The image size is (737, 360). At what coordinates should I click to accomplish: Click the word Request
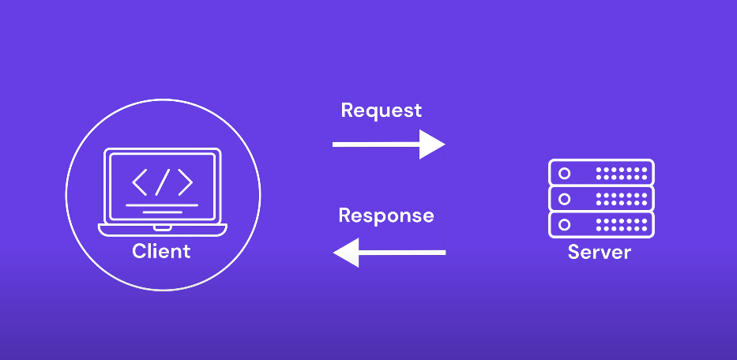pyautogui.click(x=381, y=111)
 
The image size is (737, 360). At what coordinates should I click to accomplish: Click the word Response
pyautogui.click(x=385, y=216)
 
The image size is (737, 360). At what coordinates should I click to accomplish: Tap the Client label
pyautogui.click(x=161, y=251)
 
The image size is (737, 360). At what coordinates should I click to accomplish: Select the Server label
pyautogui.click(x=600, y=253)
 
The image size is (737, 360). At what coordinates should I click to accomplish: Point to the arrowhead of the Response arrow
pyautogui.click(x=347, y=253)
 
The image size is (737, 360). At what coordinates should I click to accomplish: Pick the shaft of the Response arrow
pyautogui.click(x=403, y=253)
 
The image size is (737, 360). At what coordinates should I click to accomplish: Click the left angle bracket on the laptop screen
pyautogui.click(x=139, y=182)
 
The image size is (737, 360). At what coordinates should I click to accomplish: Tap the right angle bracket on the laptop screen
pyautogui.click(x=185, y=182)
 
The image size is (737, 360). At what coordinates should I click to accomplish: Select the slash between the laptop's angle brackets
pyautogui.click(x=162, y=182)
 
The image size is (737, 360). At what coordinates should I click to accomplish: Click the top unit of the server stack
pyautogui.click(x=601, y=172)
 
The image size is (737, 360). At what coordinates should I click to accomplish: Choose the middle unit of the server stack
pyautogui.click(x=601, y=197)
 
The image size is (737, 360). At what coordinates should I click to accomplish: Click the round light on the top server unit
pyautogui.click(x=564, y=172)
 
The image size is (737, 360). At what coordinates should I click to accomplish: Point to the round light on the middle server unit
pyautogui.click(x=564, y=197)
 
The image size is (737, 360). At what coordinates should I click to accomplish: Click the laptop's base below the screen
pyautogui.click(x=162, y=229)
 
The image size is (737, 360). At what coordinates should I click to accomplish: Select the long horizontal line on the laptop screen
pyautogui.click(x=162, y=205)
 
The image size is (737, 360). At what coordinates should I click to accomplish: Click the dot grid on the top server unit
pyautogui.click(x=621, y=172)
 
